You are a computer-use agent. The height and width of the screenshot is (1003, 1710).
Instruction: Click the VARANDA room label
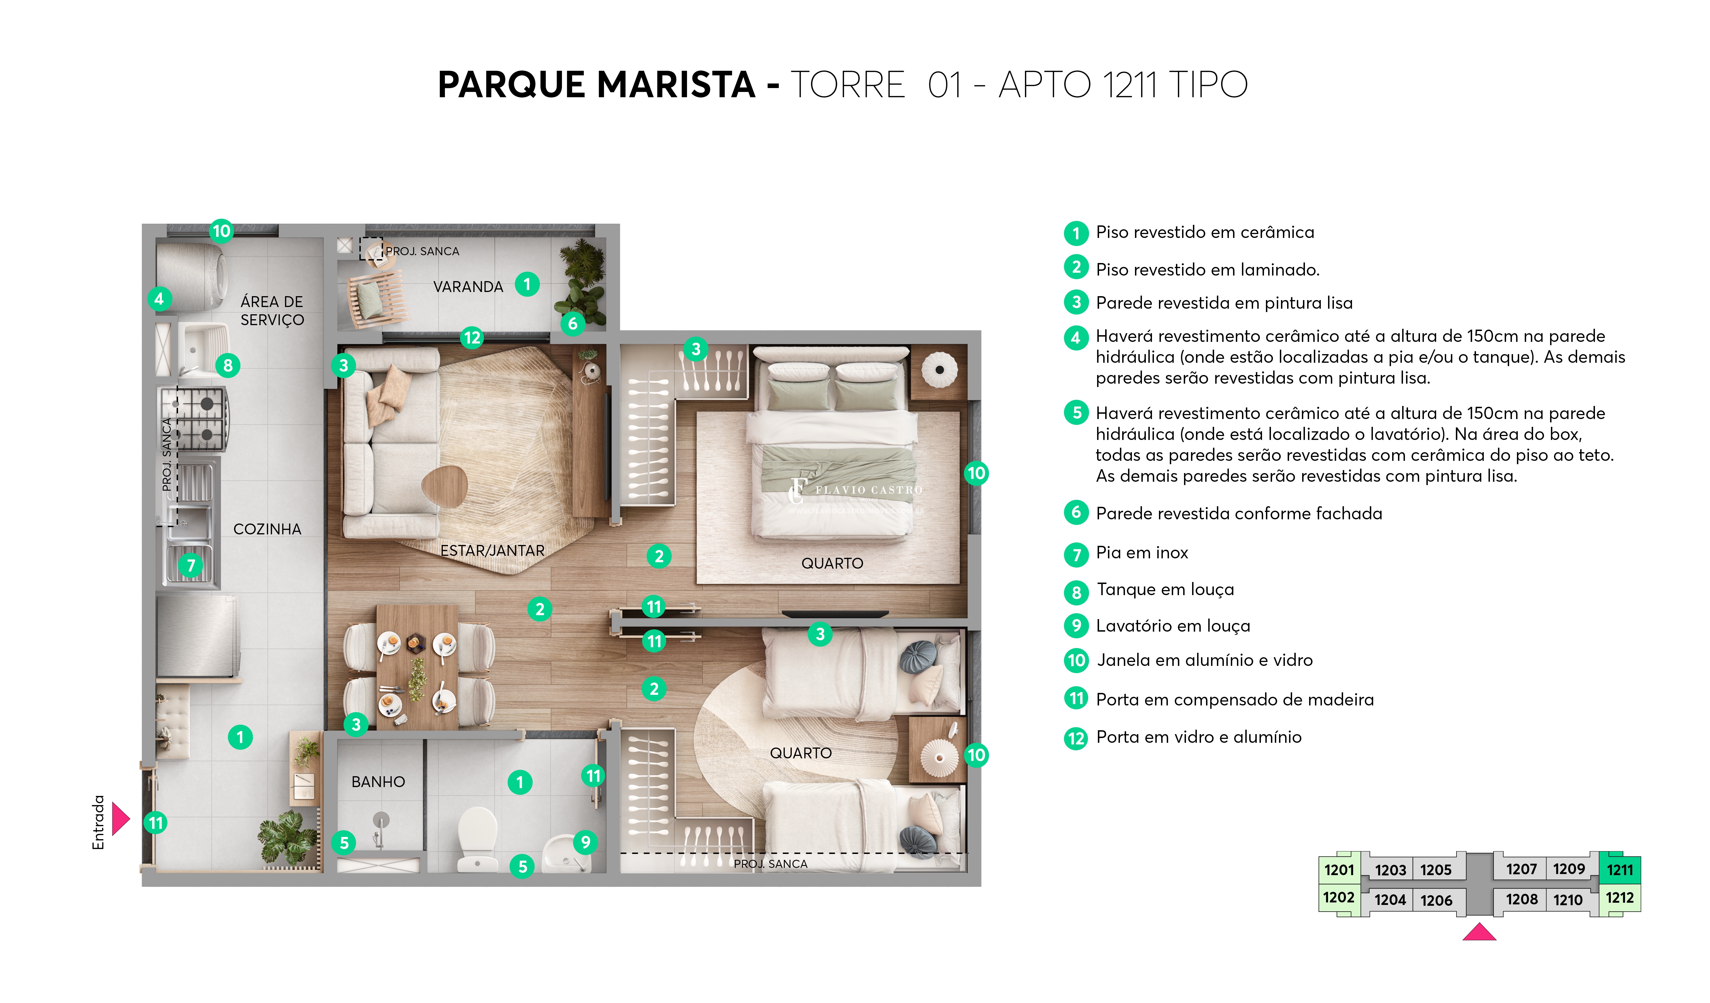pos(468,287)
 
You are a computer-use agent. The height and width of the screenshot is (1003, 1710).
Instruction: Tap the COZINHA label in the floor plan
pos(267,529)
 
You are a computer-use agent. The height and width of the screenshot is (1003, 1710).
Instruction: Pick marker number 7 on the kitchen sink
pos(191,565)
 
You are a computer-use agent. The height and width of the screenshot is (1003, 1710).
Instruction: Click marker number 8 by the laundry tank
pos(228,366)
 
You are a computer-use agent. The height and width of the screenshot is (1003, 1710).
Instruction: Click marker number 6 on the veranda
pos(573,324)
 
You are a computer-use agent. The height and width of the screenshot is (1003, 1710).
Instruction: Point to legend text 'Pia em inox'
pos(1142,553)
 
